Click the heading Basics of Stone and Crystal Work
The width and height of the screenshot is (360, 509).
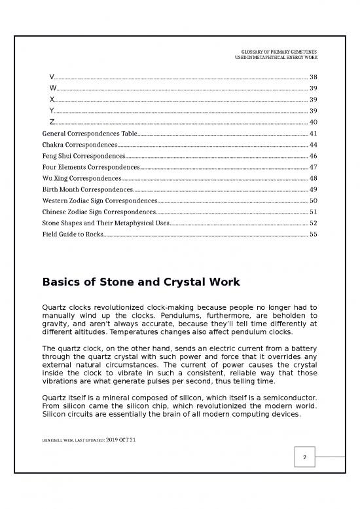[x=141, y=282]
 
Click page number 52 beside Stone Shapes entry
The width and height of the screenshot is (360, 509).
[x=313, y=223]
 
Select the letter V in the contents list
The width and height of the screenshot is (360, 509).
[x=52, y=77]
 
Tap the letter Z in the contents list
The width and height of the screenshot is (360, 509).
[x=52, y=122]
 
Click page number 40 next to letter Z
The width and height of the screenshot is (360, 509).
[x=313, y=122]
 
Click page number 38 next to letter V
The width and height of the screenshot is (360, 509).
[x=313, y=77]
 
